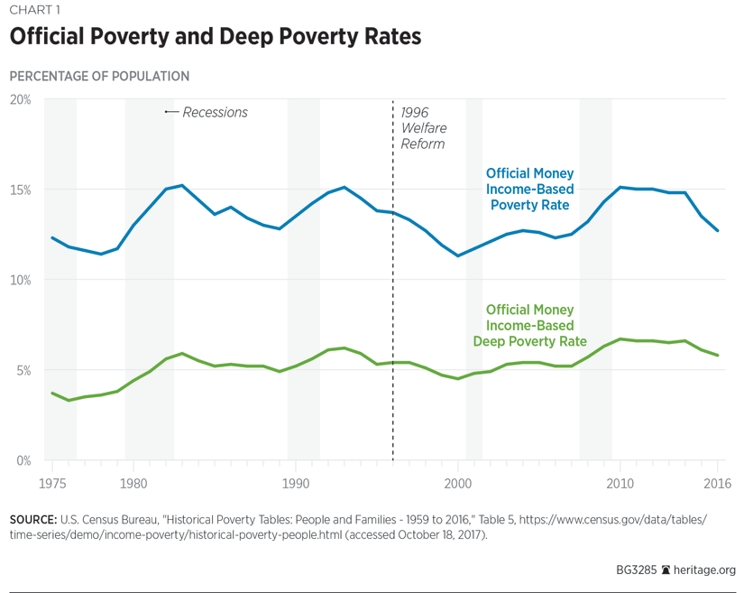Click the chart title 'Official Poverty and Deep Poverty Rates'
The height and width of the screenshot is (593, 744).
point(215,38)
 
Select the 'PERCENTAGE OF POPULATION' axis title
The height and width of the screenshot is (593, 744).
point(99,77)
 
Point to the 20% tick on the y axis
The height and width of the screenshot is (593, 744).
point(20,99)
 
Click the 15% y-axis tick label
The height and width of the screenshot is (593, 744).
point(20,190)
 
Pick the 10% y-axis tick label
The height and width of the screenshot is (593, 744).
point(20,280)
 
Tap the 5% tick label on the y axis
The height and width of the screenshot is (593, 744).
point(23,370)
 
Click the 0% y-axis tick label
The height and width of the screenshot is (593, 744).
point(23,460)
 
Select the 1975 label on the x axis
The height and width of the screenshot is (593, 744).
point(51,481)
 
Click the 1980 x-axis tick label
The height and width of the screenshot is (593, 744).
point(133,481)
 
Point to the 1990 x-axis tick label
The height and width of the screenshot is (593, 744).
point(295,481)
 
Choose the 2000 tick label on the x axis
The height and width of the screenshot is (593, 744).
point(458,481)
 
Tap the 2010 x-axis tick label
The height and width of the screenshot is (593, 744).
point(620,481)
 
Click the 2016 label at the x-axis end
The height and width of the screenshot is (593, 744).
point(717,481)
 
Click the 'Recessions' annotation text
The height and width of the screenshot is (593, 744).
point(215,112)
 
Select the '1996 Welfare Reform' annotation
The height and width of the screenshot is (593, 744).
point(423,127)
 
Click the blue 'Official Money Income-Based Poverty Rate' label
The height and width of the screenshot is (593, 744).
point(529,189)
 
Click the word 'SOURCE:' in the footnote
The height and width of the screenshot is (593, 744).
point(32,520)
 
